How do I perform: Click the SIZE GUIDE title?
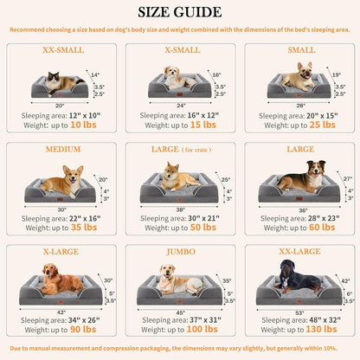(180, 13)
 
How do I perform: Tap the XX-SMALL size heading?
(63, 50)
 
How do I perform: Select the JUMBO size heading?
(180, 251)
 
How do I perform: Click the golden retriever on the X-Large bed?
(58, 280)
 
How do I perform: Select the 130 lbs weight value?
(324, 329)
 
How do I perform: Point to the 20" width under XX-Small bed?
(58, 105)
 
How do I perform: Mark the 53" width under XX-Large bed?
(298, 309)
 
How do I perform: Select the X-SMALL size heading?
(179, 50)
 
